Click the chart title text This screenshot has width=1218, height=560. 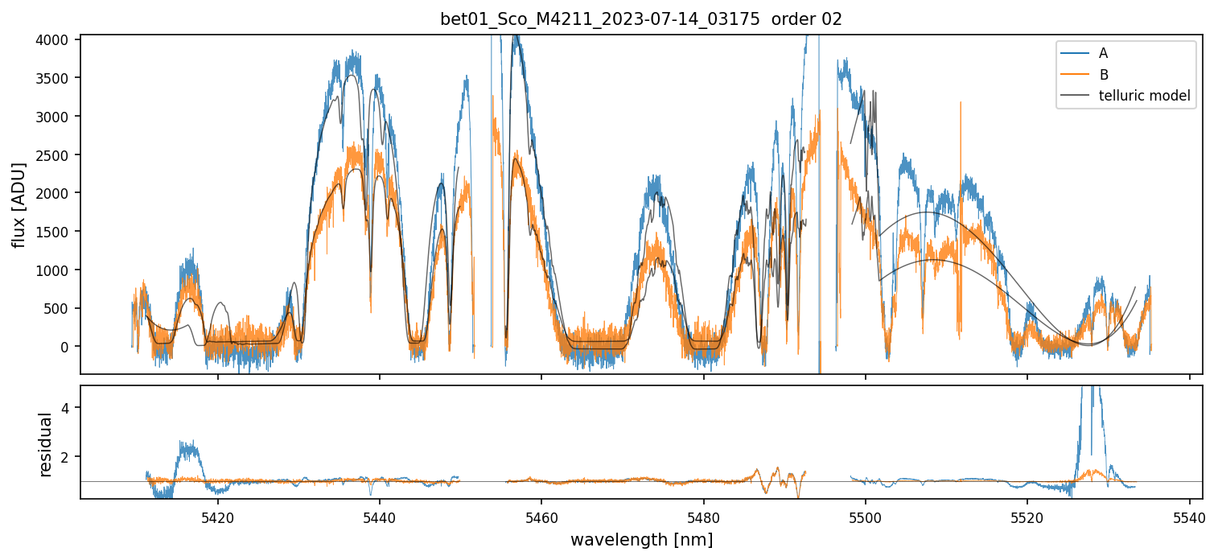click(x=640, y=19)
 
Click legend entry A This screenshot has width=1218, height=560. click(x=1103, y=53)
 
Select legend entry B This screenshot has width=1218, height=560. click(x=1103, y=75)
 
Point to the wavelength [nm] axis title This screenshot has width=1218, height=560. click(x=641, y=540)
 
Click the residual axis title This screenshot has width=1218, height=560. click(x=45, y=444)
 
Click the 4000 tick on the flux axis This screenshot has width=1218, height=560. click(x=54, y=39)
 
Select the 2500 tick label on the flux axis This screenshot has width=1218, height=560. click(x=54, y=154)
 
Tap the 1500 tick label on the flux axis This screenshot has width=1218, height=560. click(x=54, y=232)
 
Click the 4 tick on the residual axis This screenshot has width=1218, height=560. click(x=68, y=408)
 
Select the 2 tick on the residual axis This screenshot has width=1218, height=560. click(x=68, y=457)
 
